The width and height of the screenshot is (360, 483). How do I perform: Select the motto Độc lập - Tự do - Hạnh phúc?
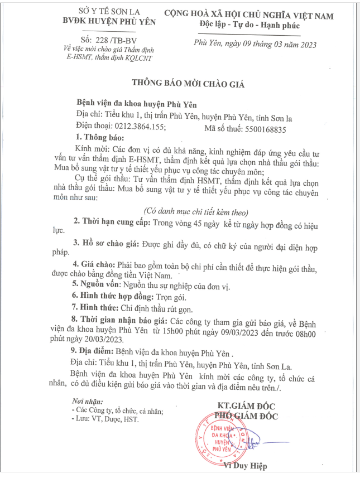tap(249, 26)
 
